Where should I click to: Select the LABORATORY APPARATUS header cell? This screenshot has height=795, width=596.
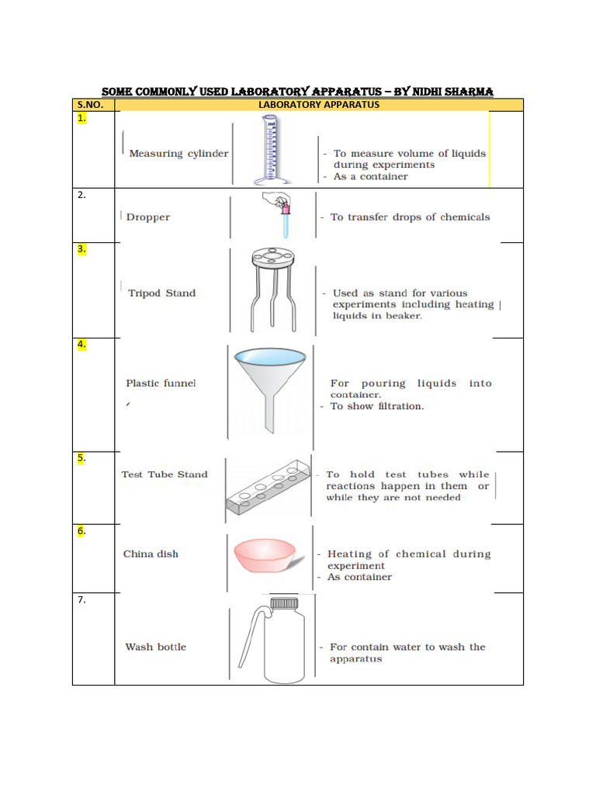(x=318, y=104)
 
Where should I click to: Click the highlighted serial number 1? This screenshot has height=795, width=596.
(x=81, y=119)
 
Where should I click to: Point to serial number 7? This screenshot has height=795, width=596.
(x=81, y=600)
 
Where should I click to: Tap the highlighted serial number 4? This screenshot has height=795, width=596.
(x=81, y=344)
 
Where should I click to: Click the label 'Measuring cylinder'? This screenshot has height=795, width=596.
(x=178, y=154)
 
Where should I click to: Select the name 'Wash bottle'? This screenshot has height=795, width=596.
(x=156, y=647)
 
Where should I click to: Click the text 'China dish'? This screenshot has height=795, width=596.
(x=151, y=554)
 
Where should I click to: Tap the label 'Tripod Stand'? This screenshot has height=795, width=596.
(x=161, y=293)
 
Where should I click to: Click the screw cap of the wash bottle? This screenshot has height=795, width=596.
(x=283, y=603)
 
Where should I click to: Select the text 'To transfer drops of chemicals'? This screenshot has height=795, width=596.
(x=410, y=217)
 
